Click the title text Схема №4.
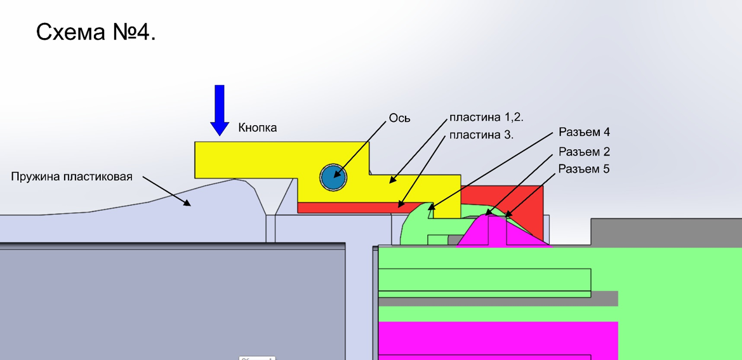pyautogui.click(x=96, y=32)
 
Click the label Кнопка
pyautogui.click(x=258, y=128)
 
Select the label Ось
pyautogui.click(x=399, y=118)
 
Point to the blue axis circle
pyautogui.click(x=333, y=177)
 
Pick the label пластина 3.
pyautogui.click(x=481, y=135)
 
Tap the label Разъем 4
pyautogui.click(x=584, y=133)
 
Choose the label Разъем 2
pyautogui.click(x=584, y=152)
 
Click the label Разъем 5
pyautogui.click(x=584, y=169)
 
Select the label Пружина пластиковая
pyautogui.click(x=72, y=177)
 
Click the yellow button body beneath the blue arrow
pyautogui.click(x=241, y=159)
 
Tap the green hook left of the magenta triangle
pyautogui.click(x=416, y=225)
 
